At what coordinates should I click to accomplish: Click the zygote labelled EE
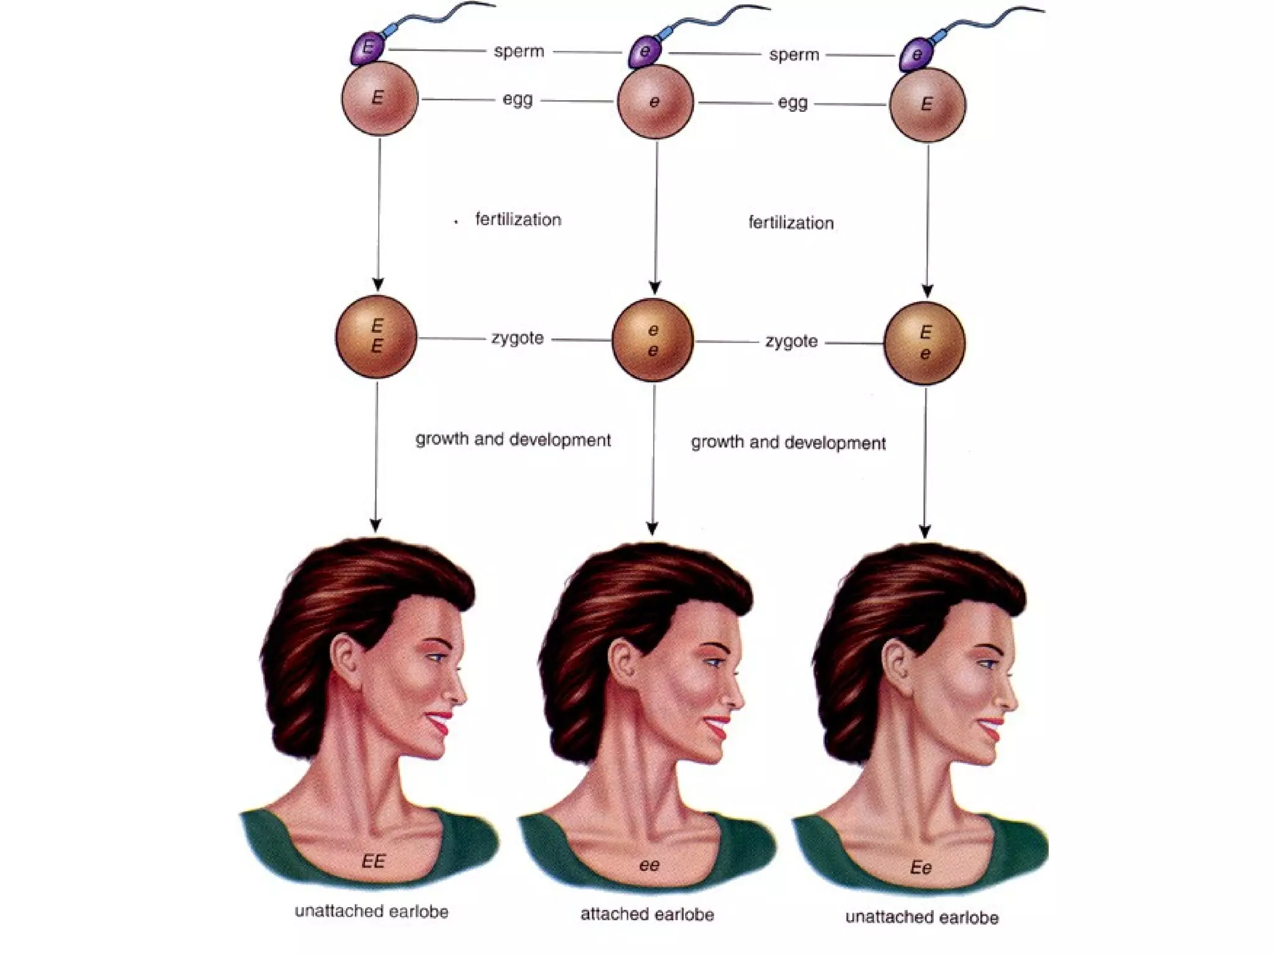[376, 336]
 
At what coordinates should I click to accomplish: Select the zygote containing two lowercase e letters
[653, 340]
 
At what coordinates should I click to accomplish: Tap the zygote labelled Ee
[925, 343]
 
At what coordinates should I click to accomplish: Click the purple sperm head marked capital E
[368, 48]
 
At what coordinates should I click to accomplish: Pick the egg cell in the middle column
[655, 102]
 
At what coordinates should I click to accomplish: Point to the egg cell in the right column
[928, 104]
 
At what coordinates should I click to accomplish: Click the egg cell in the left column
[379, 98]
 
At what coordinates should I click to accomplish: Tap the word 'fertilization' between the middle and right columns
[791, 223]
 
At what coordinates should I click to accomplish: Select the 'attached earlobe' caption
[647, 914]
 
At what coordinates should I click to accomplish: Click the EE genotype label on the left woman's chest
[373, 861]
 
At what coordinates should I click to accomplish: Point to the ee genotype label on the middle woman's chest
[649, 865]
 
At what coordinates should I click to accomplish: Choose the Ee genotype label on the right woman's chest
[921, 867]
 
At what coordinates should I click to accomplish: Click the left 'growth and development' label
[513, 440]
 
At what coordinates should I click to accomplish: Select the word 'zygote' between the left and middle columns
[518, 338]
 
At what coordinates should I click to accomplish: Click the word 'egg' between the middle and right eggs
[793, 103]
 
